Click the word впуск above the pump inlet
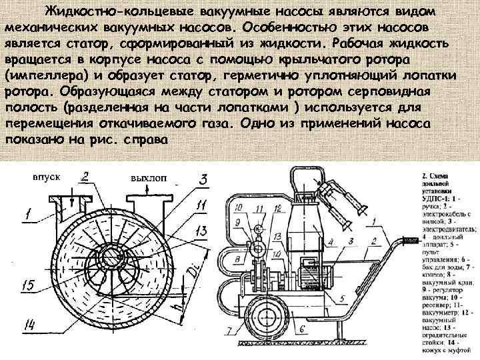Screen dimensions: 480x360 (x=47, y=177)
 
